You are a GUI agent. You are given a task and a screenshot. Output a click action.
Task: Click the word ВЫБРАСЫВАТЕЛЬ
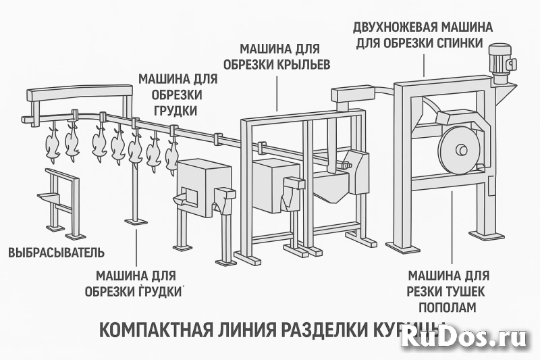[x=56, y=253]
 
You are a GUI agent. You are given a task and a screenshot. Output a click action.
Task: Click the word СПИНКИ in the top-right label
[x=459, y=43]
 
